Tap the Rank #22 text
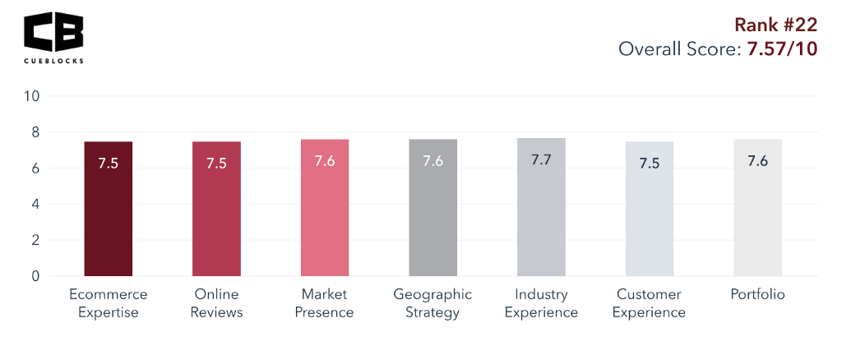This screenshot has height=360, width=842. [x=775, y=25]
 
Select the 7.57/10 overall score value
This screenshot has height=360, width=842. [x=781, y=49]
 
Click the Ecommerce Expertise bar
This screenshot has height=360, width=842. [x=109, y=209]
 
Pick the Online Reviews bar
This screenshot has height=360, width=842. [x=216, y=209]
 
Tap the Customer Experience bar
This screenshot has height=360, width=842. [x=650, y=209]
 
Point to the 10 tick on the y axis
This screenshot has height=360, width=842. [x=32, y=96]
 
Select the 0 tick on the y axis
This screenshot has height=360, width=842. [x=35, y=277]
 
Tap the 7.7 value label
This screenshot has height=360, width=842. [x=541, y=160]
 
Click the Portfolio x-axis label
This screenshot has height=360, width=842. [x=757, y=294]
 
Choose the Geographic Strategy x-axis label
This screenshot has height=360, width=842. [x=433, y=303]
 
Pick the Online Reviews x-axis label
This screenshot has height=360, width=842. [x=216, y=303]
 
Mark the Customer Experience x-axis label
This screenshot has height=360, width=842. [x=649, y=303]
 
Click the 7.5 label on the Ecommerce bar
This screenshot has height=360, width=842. [x=109, y=163]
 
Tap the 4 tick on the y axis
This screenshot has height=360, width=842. [x=35, y=205]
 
